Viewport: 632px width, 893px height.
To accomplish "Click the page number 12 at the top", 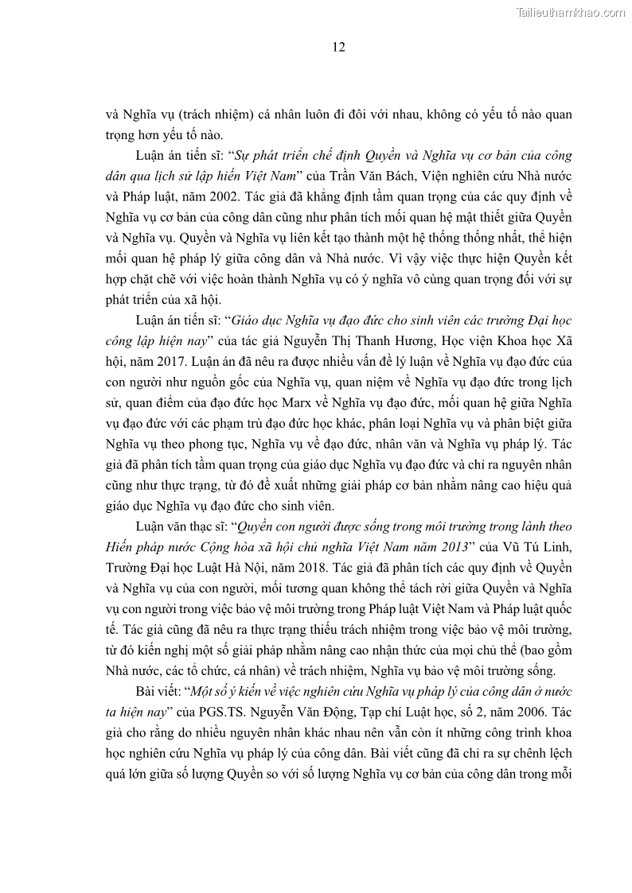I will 338,48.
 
